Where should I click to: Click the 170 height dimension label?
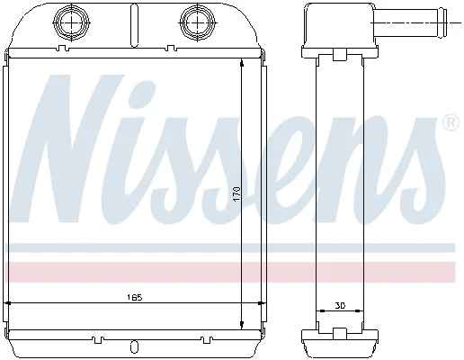click(236, 194)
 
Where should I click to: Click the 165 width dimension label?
click(134, 298)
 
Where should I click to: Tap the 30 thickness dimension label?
click(340, 305)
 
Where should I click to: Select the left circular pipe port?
click(72, 22)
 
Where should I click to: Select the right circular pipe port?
click(197, 22)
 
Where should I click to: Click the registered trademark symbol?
click(451, 122)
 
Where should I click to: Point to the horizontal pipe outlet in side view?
click(410, 22)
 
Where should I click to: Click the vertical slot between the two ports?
click(135, 25)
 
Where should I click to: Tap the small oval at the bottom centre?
click(135, 347)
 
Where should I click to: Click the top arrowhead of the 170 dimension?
click(242, 63)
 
